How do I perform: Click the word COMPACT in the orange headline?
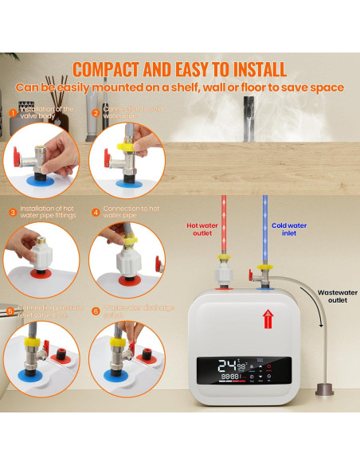click(120, 68)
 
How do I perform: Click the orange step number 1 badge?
click(12, 113)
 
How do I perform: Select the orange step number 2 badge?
click(95, 113)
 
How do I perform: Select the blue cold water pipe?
click(261, 215)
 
